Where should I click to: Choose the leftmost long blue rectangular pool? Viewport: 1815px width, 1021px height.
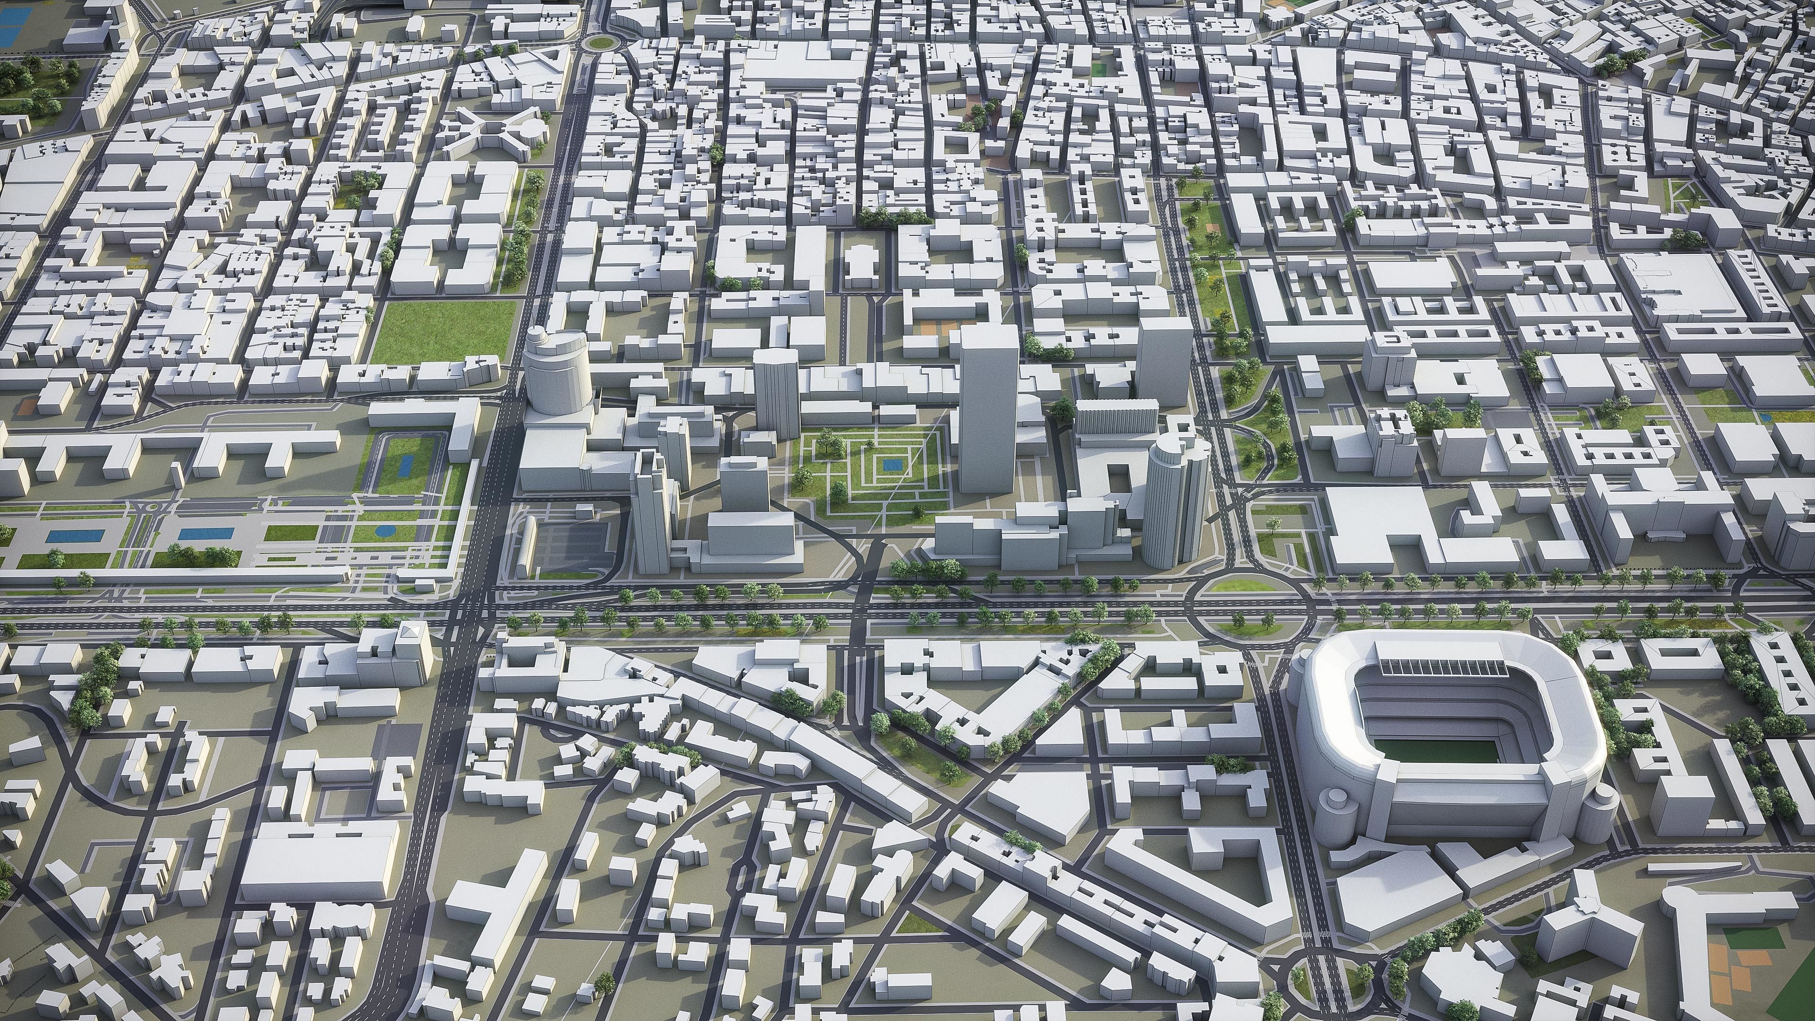pyautogui.click(x=75, y=536)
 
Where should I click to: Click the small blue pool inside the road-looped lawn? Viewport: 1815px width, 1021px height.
pyautogui.click(x=406, y=465)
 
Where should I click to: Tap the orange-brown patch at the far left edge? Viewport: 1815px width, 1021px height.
pyautogui.click(x=28, y=407)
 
